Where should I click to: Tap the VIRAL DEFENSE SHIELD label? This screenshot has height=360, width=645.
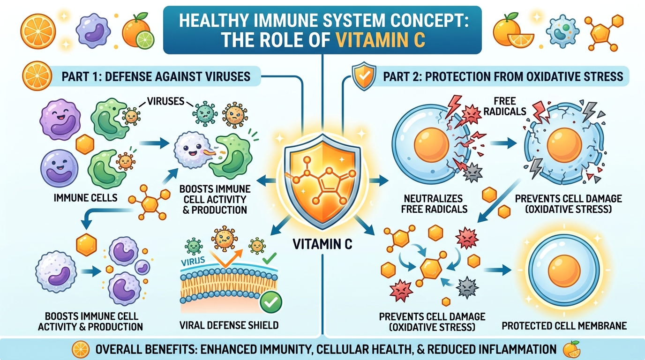[230, 325]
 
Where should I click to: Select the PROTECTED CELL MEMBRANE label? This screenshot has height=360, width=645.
[564, 325]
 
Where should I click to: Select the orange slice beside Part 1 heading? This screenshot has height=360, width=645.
[37, 75]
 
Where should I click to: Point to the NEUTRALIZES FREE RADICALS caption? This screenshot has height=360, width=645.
[434, 203]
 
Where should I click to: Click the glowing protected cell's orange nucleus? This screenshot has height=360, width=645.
[564, 273]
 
